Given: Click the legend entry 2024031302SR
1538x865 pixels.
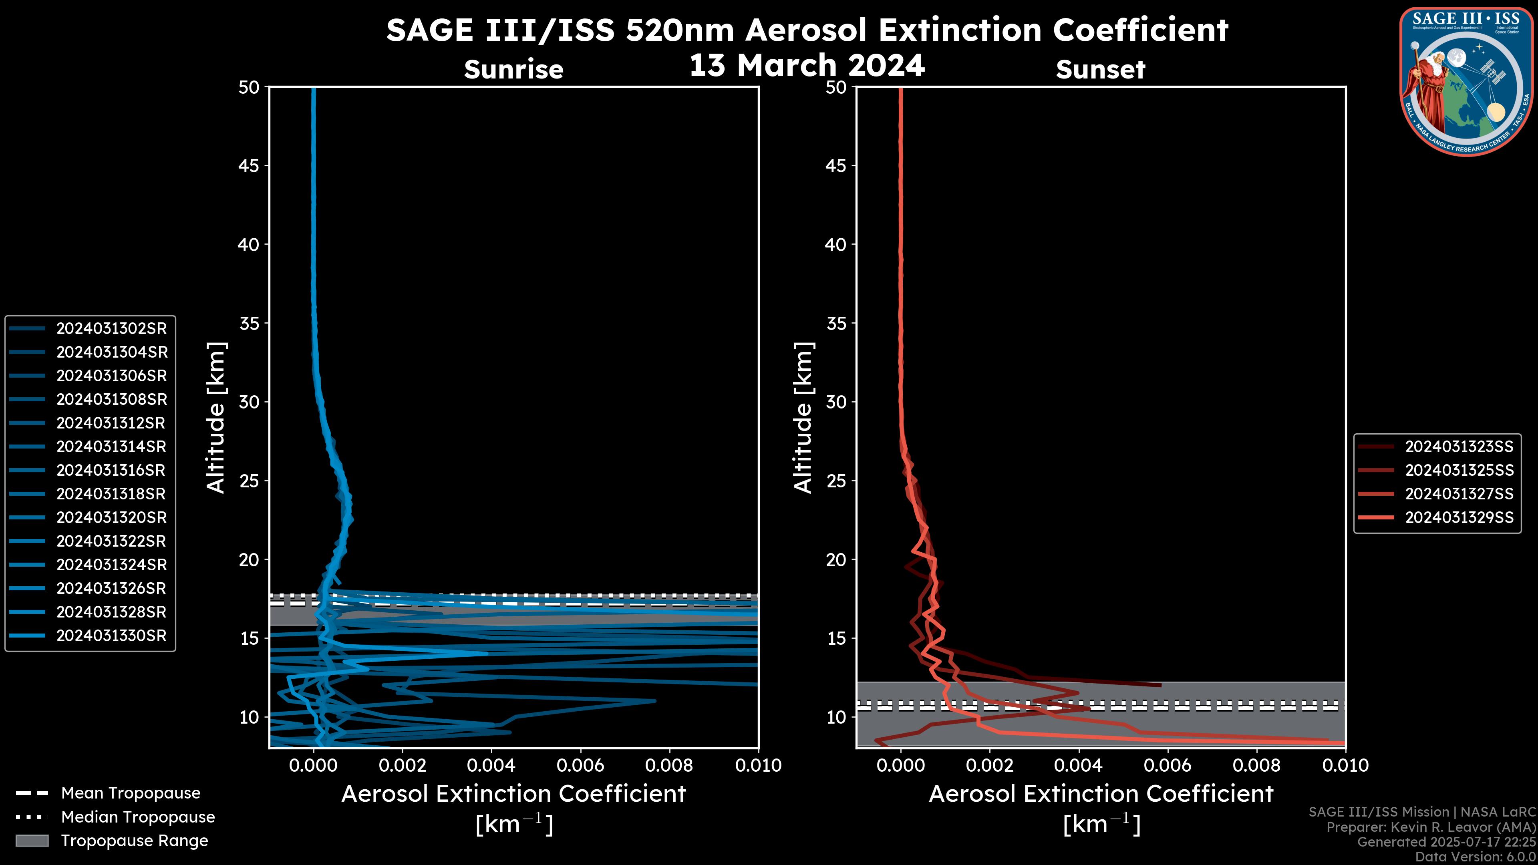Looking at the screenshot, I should tap(111, 328).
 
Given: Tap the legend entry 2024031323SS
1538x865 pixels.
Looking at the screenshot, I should tap(1459, 447).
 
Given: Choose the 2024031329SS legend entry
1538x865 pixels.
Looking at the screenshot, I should tap(1459, 517).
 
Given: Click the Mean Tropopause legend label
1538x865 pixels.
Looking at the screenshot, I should tap(130, 793).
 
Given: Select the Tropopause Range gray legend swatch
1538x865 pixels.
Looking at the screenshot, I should tap(32, 841).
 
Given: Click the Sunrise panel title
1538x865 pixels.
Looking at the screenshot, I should tap(513, 69).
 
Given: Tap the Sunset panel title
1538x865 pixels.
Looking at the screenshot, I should tap(1100, 69).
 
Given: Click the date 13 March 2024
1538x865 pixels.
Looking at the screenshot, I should tap(807, 65).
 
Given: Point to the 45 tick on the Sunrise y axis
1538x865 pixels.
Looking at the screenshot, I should tap(249, 165).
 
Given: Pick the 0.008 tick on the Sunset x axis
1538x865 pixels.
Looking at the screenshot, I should tap(1257, 765).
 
